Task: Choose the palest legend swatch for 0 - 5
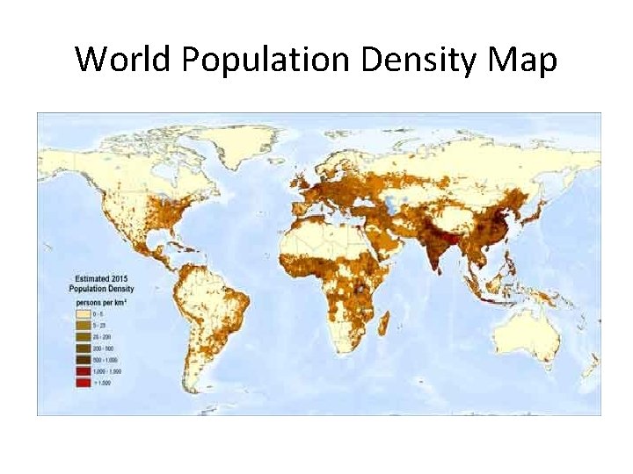pyautogui.click(x=84, y=312)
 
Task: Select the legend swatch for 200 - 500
pyautogui.click(x=84, y=348)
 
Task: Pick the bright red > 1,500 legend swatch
pyautogui.click(x=84, y=384)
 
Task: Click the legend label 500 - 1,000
pyautogui.click(x=107, y=360)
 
